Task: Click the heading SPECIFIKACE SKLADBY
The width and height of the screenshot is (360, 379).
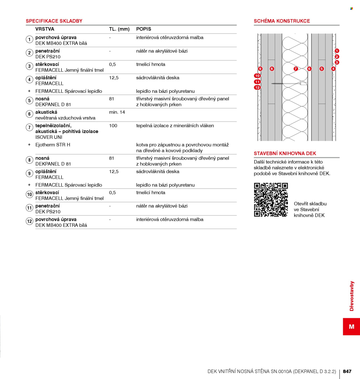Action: tap(54, 21)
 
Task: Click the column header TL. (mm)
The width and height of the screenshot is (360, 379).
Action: tap(119, 29)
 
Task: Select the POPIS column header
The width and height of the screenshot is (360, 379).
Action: tap(144, 29)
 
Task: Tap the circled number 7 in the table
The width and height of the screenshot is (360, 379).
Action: tap(29, 127)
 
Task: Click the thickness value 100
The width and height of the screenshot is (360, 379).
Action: tap(113, 126)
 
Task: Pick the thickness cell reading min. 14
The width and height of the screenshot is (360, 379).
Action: tap(117, 112)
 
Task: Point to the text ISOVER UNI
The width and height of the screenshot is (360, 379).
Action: tap(49, 137)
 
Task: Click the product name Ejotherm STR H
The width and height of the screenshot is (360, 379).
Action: tap(53, 145)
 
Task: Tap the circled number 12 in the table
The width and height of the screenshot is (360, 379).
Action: tap(29, 221)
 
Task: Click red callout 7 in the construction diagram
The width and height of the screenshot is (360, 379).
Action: tap(295, 69)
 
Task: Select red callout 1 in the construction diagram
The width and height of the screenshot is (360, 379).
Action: tap(337, 51)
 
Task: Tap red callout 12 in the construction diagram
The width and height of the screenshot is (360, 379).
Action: tap(257, 88)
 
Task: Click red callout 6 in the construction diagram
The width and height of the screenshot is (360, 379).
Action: tap(309, 69)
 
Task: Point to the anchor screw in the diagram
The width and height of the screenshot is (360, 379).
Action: tap(289, 84)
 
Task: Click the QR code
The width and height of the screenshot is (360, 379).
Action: tap(271, 200)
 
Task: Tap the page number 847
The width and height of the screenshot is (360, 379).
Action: tap(347, 371)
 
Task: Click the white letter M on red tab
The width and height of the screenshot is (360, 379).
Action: tap(352, 327)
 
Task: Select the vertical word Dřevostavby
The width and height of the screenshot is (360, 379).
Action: tap(352, 296)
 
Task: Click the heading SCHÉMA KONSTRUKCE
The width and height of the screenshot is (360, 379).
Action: tap(282, 21)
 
